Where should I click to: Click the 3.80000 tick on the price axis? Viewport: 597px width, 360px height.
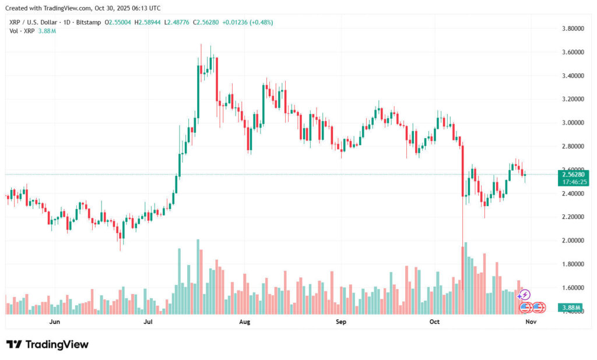[x=573, y=29]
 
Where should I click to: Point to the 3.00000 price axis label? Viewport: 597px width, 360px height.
[x=573, y=123]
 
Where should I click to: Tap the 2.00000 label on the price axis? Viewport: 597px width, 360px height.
[x=573, y=241]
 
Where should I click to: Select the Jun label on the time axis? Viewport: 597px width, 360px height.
[x=55, y=322]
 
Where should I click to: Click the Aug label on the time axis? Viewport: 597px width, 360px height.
[x=245, y=322]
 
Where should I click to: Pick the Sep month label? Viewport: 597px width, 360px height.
[x=341, y=322]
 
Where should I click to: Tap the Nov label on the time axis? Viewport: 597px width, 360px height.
[x=531, y=322]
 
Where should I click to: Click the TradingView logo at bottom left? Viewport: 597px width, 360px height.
[x=47, y=344]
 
